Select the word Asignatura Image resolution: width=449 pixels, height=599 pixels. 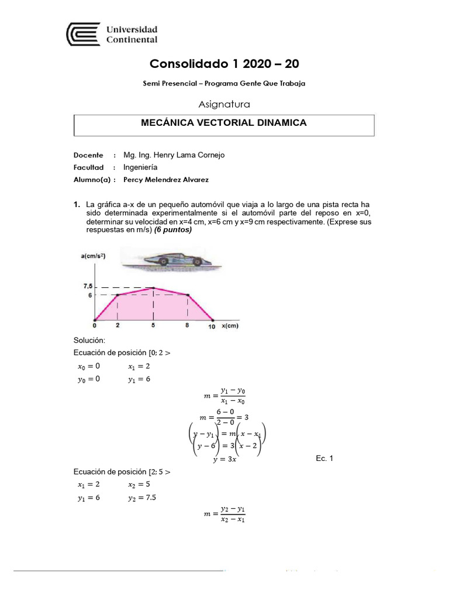pyautogui.click(x=224, y=104)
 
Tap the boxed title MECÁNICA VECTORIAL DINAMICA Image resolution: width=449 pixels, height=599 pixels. pyautogui.click(x=224, y=123)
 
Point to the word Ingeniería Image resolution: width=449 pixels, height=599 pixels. pyautogui.click(x=140, y=167)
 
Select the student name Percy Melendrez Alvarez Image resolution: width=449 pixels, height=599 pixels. pyautogui.click(x=165, y=180)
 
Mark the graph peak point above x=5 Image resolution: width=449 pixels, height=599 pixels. pyautogui.click(x=153, y=287)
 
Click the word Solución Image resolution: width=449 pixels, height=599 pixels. pyautogui.click(x=89, y=340)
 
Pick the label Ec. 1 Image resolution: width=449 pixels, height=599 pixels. pyautogui.click(x=324, y=459)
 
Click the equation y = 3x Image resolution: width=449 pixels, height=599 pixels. pyautogui.click(x=224, y=459)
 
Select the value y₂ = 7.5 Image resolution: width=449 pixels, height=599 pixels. pyautogui.click(x=142, y=497)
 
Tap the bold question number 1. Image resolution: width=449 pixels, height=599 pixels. pyautogui.click(x=77, y=205)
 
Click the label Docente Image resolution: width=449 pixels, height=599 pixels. pyautogui.click(x=88, y=155)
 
